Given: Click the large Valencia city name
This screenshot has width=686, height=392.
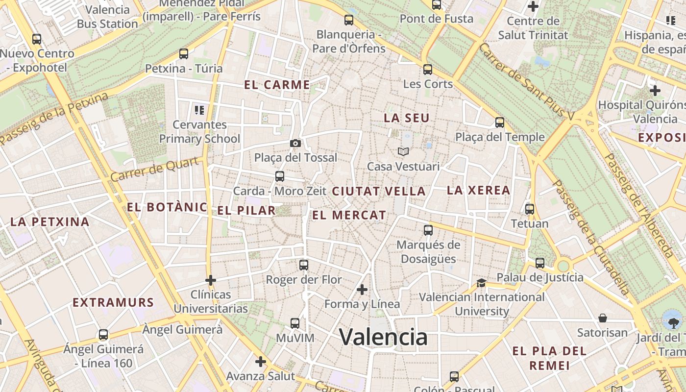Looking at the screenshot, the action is pos(383,337).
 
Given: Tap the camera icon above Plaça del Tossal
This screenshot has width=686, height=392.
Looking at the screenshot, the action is pos(295,143).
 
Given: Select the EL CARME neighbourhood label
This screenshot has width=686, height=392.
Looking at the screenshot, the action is pos(277,85).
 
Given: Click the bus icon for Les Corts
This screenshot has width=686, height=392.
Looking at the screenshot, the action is pos(428,70).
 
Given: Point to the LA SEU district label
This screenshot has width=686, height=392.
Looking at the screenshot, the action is pos(406,118).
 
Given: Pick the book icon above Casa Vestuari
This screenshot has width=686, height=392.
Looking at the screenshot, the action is pos(403,152).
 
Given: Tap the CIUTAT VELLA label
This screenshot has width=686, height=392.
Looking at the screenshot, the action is pos(379,192).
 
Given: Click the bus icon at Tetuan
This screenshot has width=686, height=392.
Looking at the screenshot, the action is pos(529,209).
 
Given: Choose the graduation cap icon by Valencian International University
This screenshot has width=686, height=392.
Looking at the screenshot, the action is pos(481,283).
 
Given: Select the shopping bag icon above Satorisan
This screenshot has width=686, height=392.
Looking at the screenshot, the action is pos(602,318).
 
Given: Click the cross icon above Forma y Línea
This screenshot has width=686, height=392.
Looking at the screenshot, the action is pos(362,290).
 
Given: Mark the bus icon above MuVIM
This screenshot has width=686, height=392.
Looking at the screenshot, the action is pos(294,323).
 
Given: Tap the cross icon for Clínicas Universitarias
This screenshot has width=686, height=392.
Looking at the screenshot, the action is pos(211,280).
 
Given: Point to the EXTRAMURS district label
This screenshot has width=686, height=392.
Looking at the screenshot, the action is pos(113,302).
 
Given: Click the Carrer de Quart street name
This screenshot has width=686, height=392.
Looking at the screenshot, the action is pos(155,170).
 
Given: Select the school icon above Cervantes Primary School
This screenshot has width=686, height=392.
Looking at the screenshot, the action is pos(199,110).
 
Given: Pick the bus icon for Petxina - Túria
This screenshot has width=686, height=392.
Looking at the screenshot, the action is pos(184,54).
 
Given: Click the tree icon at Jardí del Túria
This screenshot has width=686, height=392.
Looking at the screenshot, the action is pos(671,321).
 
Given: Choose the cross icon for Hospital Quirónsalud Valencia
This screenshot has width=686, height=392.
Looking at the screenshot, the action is pos(655,91).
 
